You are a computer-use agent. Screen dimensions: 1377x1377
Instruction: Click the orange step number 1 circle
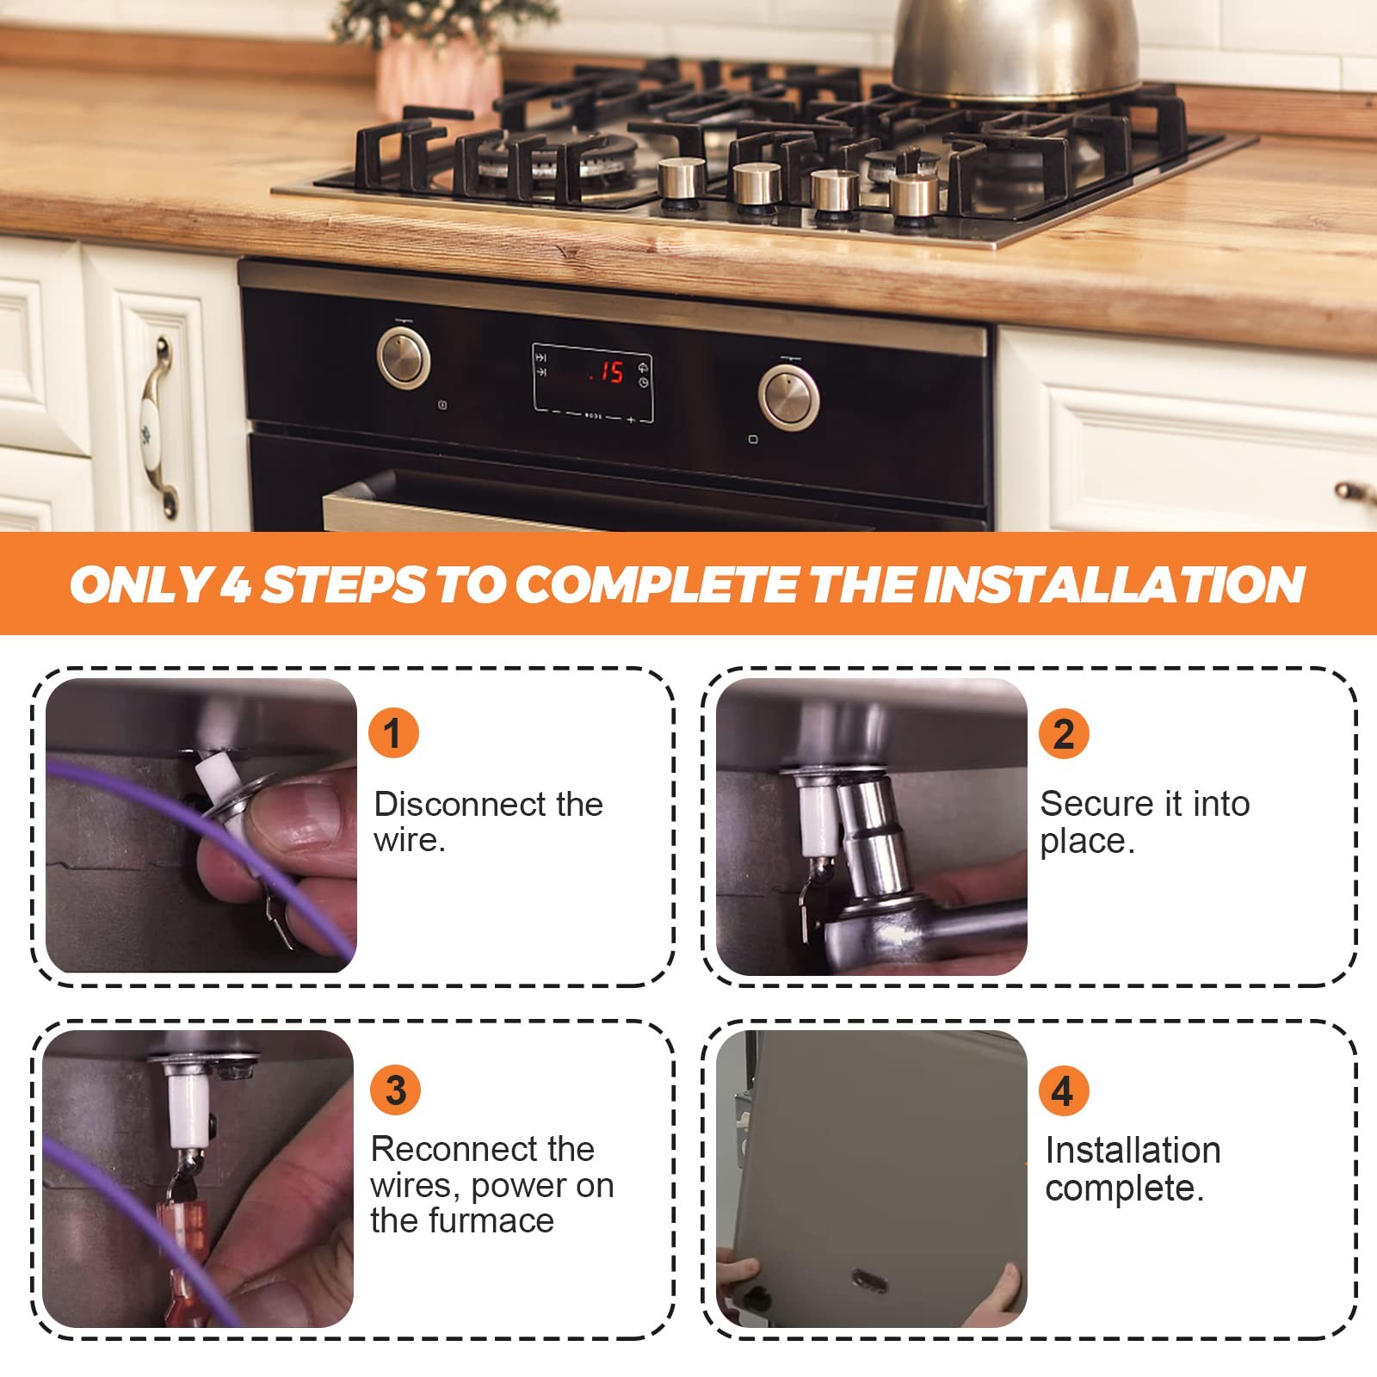pyautogui.click(x=393, y=733)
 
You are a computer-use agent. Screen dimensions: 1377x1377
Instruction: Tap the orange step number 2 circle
pyautogui.click(x=1064, y=733)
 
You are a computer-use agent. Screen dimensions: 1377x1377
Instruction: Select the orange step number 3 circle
pyautogui.click(x=395, y=1090)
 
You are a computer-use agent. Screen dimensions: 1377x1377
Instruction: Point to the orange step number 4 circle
pyautogui.click(x=1064, y=1090)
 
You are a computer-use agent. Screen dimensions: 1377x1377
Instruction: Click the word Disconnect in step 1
pyautogui.click(x=460, y=804)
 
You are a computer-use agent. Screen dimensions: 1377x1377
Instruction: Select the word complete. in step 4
pyautogui.click(x=1124, y=1189)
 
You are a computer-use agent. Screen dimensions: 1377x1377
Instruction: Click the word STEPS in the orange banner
pyautogui.click(x=343, y=584)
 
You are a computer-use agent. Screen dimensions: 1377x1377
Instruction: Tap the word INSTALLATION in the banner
pyautogui.click(x=1114, y=584)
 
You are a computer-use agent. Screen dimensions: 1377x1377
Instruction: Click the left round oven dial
pyautogui.click(x=404, y=358)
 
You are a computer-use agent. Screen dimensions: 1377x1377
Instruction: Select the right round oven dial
pyautogui.click(x=788, y=398)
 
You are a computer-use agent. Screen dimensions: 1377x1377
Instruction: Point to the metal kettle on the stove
pyautogui.click(x=1016, y=47)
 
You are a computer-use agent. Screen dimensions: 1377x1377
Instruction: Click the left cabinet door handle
pyautogui.click(x=160, y=428)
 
